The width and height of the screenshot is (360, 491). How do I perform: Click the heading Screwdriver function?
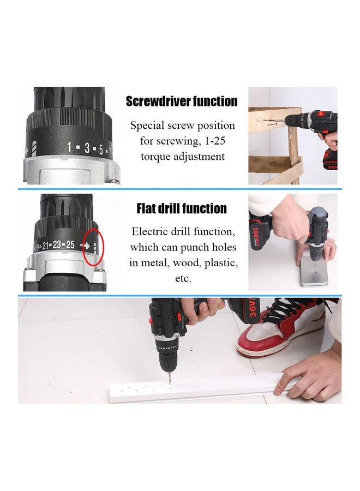click(x=182, y=101)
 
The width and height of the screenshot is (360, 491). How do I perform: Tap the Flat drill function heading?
click(x=182, y=208)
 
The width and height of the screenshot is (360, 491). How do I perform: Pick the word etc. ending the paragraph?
click(x=183, y=278)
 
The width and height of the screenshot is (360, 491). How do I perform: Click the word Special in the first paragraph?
click(x=149, y=125)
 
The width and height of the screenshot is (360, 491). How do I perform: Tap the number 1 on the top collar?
click(x=70, y=147)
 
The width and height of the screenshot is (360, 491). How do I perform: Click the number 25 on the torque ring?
click(x=70, y=244)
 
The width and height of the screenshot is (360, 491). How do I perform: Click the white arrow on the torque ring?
click(x=86, y=245)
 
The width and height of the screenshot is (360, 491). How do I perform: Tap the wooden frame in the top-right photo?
click(x=275, y=142)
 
